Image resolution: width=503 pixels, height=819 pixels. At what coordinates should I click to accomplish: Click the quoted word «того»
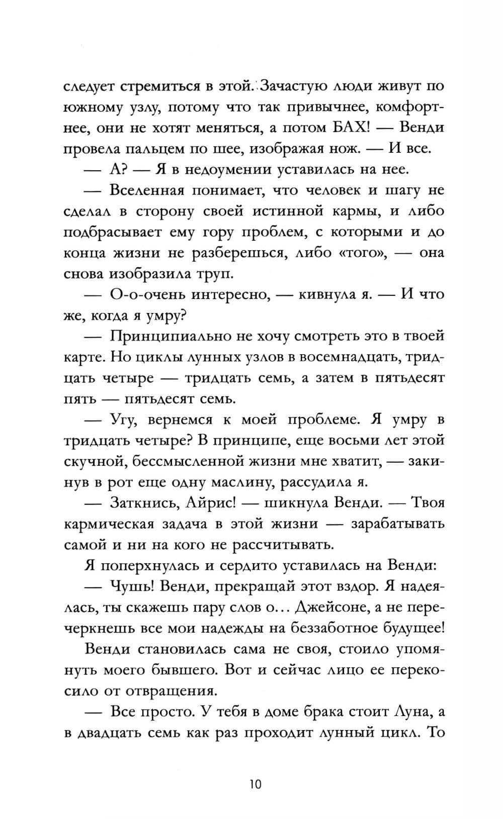[x=359, y=253]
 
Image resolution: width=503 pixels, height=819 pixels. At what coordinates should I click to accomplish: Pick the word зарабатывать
[x=397, y=524]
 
